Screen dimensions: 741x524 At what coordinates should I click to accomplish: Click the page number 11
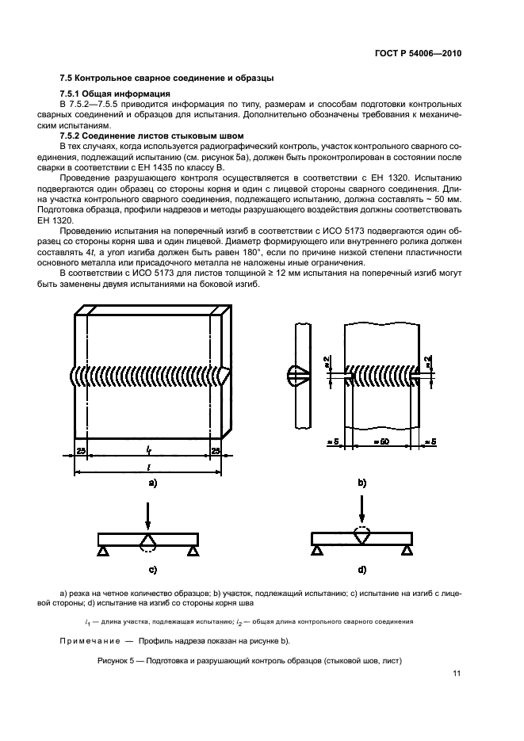(x=457, y=674)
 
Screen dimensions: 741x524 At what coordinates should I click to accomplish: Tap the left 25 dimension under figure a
(x=82, y=451)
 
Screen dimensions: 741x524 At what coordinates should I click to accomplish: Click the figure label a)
(x=150, y=483)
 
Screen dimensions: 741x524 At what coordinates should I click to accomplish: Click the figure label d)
(x=361, y=569)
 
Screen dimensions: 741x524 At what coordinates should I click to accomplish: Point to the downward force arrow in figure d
(x=361, y=508)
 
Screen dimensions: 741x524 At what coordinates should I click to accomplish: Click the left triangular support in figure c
(x=103, y=552)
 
